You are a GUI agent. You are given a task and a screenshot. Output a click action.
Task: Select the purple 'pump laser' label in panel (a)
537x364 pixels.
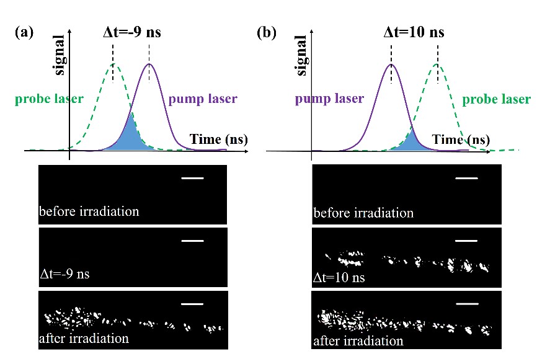pyautogui.click(x=203, y=99)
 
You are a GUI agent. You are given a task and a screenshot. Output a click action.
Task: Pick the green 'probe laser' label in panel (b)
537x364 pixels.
pyautogui.click(x=496, y=99)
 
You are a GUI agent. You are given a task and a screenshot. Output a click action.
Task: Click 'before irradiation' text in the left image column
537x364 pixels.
pyautogui.click(x=89, y=211)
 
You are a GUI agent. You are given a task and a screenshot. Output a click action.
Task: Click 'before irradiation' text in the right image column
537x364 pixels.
pyautogui.click(x=363, y=213)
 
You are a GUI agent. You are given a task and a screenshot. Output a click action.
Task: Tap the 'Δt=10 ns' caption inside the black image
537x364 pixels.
pyautogui.click(x=339, y=277)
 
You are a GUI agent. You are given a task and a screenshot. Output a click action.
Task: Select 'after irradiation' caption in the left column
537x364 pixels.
pyautogui.click(x=84, y=339)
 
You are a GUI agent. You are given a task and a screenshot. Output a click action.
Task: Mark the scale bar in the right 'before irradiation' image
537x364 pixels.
pyautogui.click(x=467, y=179)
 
